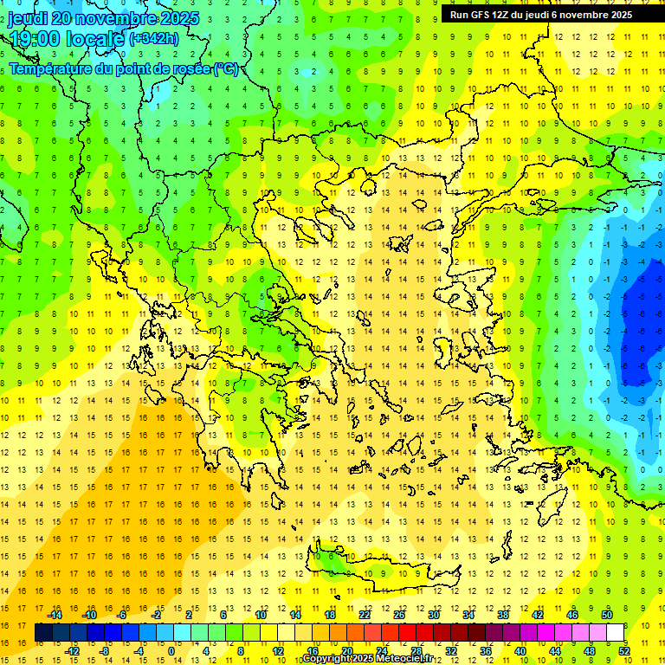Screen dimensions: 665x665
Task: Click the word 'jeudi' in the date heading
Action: tap(28, 18)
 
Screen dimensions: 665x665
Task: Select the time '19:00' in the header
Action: tap(36, 38)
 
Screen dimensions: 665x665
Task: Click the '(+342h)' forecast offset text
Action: tap(154, 38)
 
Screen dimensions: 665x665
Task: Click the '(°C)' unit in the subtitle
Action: tap(225, 69)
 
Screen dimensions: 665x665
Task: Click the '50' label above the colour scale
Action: tap(607, 615)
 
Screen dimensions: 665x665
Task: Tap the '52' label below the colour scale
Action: tap(624, 650)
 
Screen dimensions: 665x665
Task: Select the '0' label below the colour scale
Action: tap(171, 650)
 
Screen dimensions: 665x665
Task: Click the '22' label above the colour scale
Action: tap(365, 615)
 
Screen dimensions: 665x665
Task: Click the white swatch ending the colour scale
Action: tap(616, 633)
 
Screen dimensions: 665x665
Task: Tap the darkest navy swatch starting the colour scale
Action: tap(43, 633)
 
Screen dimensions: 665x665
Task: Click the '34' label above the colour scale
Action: tap(468, 615)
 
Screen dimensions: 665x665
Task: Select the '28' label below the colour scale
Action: tap(416, 650)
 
